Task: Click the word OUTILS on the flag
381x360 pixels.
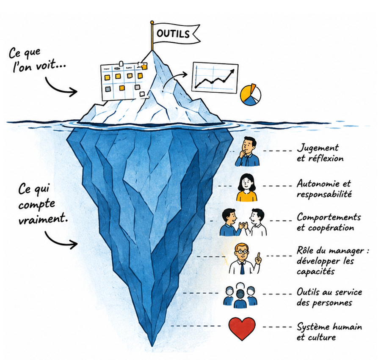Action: [x=173, y=33]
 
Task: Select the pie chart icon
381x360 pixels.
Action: [x=250, y=95]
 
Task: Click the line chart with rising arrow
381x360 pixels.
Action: [x=215, y=77]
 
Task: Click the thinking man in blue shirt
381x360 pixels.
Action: [x=247, y=151]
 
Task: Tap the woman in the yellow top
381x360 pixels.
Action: [x=246, y=187]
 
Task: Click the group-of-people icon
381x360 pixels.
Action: [x=240, y=295]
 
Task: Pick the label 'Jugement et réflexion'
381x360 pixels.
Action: [x=320, y=153]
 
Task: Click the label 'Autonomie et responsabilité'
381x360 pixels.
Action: [x=324, y=189]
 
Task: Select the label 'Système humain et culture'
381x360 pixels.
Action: [x=329, y=332]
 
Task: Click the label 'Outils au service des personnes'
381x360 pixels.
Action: [x=329, y=297]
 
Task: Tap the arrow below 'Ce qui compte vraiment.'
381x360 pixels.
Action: [x=60, y=240]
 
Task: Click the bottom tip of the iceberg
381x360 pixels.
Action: [x=152, y=346]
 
